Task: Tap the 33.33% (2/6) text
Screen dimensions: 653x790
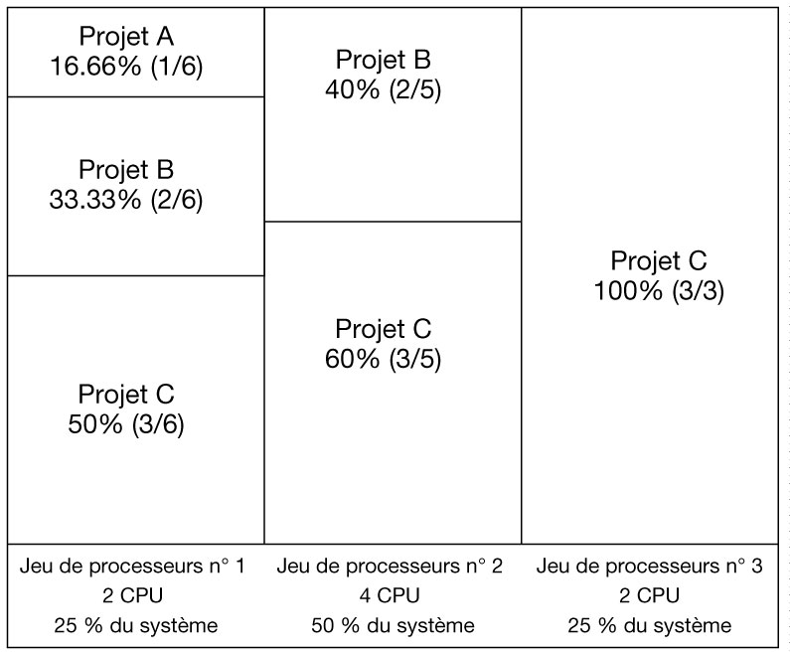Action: point(125,200)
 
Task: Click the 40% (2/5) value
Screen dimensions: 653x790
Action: point(383,89)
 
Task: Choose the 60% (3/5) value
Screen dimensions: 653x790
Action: point(383,359)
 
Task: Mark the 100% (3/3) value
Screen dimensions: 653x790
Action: point(658,291)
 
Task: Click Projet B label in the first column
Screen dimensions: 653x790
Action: point(125,169)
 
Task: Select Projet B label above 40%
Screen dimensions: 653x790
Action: point(383,59)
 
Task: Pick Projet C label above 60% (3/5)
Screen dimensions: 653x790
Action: point(383,328)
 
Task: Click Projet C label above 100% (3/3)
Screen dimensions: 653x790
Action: point(658,260)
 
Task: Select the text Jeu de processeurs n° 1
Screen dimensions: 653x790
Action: point(132,567)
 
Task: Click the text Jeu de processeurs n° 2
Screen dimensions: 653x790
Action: point(390,567)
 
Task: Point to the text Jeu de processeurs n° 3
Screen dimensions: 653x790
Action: point(649,567)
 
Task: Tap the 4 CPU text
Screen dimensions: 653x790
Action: point(390,596)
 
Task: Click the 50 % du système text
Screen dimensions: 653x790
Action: point(390,626)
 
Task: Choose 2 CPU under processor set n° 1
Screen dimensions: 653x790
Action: point(132,596)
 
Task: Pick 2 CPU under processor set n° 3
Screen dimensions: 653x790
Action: point(649,596)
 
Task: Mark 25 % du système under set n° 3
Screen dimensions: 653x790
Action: point(649,626)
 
